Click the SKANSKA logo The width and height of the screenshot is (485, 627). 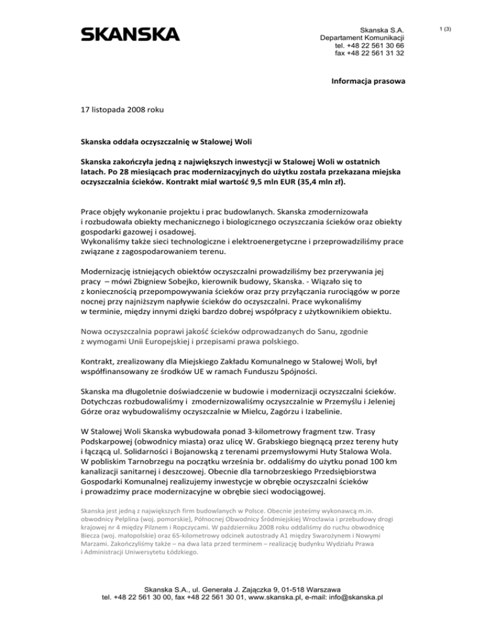tap(129, 34)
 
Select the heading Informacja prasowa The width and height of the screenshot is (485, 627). tap(368, 81)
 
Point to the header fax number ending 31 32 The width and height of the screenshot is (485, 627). tap(369, 54)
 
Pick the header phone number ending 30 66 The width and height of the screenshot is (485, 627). tap(369, 45)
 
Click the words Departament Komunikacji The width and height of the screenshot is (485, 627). tap(362, 37)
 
